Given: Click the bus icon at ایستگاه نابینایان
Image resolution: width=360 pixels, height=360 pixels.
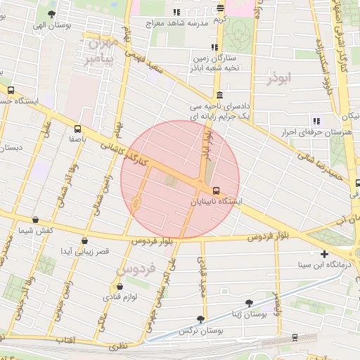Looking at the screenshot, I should pos(215,190).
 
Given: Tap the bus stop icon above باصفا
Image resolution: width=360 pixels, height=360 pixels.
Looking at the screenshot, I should pos(77,129).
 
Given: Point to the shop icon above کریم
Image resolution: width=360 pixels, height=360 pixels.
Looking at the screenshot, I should pos(221,8).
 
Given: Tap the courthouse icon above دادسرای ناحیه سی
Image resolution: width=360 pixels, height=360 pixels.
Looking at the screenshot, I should pos(220,95).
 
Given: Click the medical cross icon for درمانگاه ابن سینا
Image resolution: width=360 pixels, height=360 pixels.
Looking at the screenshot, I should pos(323,254).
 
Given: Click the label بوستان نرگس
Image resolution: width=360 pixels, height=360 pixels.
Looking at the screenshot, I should pos(196,330).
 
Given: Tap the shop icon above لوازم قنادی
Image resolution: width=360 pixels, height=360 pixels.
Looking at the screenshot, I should pos(120,286).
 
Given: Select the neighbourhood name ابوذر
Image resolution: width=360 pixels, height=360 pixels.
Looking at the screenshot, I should pos(278,79).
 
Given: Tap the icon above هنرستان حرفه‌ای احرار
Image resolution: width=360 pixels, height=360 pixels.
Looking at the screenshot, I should pos(316,120).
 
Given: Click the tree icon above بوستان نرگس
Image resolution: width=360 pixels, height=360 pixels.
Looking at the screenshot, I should pos(201,319).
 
